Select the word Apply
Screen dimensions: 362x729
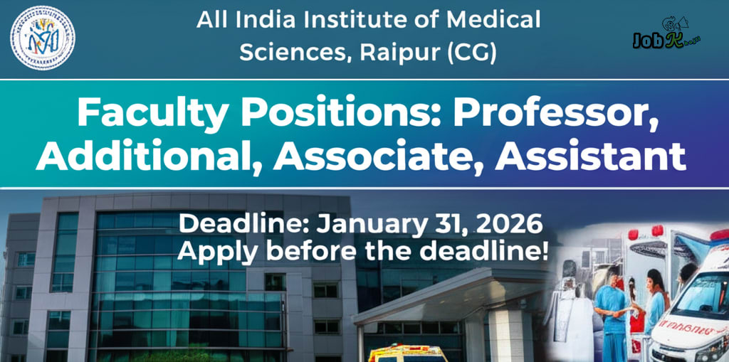tap(210, 251)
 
